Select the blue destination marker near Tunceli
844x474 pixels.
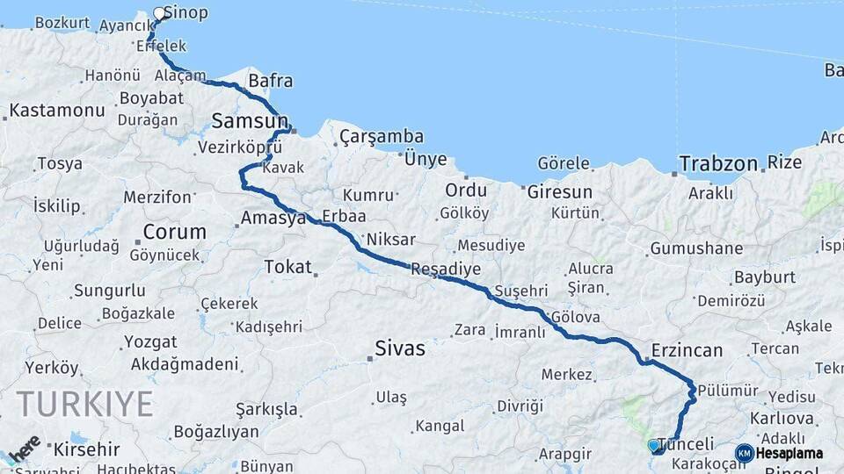tap(653, 446)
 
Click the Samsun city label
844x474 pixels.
tap(250, 121)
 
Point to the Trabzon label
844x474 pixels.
tap(717, 163)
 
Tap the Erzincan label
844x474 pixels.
tap(687, 350)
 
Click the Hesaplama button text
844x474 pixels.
tap(789, 453)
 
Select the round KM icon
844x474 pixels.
tap(744, 453)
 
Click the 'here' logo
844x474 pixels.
tap(24, 448)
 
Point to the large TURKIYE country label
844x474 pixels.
tap(84, 404)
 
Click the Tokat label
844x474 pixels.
tap(288, 266)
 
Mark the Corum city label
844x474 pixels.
tap(174, 233)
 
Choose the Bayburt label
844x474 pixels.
tap(764, 276)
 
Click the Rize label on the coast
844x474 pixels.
tap(784, 162)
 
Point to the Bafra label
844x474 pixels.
tap(270, 82)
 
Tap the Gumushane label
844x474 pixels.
tap(696, 248)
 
